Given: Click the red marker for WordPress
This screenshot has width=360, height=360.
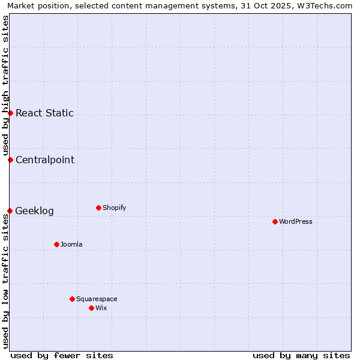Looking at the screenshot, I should [275, 221].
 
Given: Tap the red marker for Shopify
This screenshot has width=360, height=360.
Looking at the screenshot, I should [98, 208].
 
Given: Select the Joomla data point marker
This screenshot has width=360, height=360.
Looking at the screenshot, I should [56, 244].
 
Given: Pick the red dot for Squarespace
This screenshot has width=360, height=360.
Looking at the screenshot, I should [72, 299].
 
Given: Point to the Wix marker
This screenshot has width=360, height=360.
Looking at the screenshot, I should [91, 308].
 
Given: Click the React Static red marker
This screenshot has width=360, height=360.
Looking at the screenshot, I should [10, 113].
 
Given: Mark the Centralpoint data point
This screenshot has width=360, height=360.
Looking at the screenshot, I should [10, 160].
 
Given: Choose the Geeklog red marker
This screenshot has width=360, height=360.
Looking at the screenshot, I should [10, 211].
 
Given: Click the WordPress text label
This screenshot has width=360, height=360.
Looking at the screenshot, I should [296, 221].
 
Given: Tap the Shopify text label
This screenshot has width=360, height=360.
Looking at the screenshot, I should [115, 208].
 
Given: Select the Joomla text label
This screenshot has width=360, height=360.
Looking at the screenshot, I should [71, 244].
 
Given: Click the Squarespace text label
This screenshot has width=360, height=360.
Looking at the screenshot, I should [97, 299].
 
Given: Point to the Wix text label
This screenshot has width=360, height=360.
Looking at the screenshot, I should [101, 308].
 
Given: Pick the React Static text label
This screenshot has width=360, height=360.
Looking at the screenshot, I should [44, 113].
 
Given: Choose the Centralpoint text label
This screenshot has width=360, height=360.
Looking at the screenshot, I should [45, 160].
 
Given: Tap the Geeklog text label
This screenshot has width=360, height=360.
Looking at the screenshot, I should [34, 211].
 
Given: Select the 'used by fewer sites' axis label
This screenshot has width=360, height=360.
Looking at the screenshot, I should [62, 355].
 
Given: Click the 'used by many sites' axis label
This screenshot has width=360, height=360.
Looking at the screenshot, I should [301, 355].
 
